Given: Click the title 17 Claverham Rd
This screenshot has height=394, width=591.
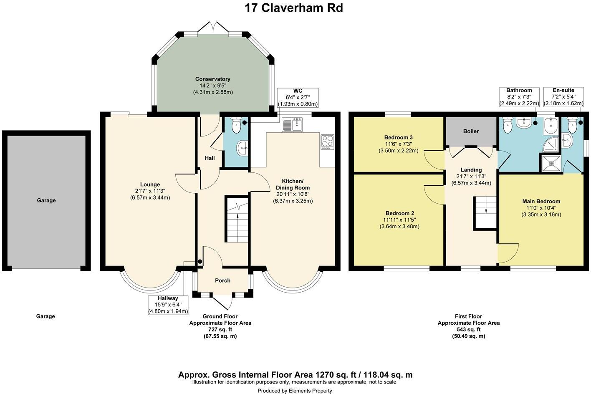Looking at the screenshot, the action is pos(294,8).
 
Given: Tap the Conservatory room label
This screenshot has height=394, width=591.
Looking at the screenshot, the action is pos(213,79).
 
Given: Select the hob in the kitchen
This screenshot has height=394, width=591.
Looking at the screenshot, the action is pos(327,142).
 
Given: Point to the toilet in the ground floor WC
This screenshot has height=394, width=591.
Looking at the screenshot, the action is pos(236,125).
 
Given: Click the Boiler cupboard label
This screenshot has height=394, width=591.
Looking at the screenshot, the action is pos(471,131).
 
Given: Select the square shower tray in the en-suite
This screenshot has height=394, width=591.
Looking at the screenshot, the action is pos(551,164).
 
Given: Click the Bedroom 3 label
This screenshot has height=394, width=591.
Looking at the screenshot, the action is pos(399,137).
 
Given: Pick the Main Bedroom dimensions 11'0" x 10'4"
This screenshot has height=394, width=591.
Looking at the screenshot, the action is pos(541,208).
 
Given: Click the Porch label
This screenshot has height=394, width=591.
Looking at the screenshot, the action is pos(223,280).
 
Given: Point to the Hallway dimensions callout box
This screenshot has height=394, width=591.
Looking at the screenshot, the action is pos(168,305).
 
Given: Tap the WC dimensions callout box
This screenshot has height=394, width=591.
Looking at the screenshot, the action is pos(298,98).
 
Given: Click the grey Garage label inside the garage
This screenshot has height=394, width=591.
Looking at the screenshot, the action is pos(46,200).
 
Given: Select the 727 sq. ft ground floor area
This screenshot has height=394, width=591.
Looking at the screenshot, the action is pos(220,330).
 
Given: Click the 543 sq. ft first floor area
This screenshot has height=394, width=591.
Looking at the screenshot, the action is pos(469,330).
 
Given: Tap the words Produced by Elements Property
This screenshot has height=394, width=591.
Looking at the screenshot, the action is pos(295,391).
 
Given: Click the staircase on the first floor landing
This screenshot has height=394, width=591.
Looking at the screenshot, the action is pos(485,213).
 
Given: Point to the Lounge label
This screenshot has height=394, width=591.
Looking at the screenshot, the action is pos(150,184).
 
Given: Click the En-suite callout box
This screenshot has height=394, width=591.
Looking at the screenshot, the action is pos(563,97).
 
